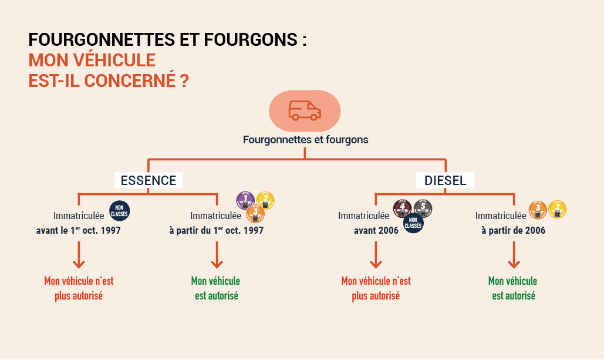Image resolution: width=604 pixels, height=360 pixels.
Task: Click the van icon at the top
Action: tap(305, 111)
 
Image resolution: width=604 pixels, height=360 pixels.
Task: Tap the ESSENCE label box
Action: tap(149, 180)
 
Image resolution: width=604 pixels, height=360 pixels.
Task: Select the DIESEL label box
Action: tap(446, 180)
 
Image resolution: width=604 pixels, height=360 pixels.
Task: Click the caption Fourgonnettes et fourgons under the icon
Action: tap(306, 140)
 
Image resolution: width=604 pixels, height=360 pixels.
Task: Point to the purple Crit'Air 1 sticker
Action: tap(245, 200)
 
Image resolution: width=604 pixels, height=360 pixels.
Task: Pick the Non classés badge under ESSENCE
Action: tap(120, 211)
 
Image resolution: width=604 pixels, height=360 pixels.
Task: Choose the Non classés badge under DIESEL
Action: tap(413, 223)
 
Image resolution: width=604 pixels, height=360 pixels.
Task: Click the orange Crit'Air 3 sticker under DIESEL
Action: tap(538, 210)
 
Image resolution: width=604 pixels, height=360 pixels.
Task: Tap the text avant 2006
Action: tap(376, 230)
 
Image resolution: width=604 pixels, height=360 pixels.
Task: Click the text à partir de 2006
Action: tap(513, 230)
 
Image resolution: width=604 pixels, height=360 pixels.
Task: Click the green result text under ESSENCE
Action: tap(216, 288)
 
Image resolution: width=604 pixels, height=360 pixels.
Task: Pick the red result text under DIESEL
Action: tap(376, 288)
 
